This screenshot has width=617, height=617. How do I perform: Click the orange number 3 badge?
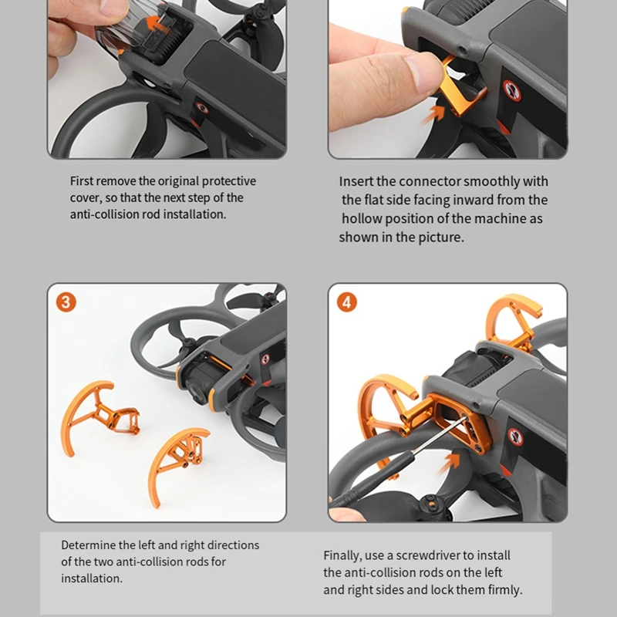tap(66, 302)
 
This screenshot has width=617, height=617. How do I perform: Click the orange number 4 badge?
tap(346, 302)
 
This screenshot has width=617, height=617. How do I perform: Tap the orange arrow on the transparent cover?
tap(157, 23)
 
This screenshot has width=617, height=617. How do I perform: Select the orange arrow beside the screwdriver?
tap(449, 463)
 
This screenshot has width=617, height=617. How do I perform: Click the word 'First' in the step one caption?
tap(82, 181)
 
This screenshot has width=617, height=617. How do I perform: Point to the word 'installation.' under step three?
tap(92, 578)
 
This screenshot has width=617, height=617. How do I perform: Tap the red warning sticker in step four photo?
tap(515, 437)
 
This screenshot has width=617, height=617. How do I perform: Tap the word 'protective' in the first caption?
tap(228, 181)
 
